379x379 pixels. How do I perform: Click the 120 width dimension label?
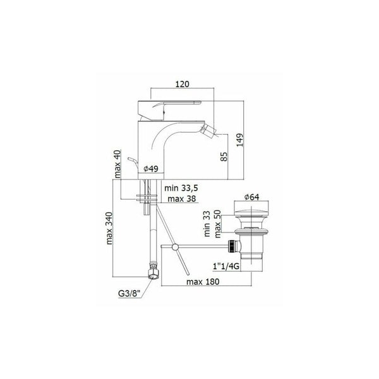coord(183,84)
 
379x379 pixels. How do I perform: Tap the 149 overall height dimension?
coord(240,140)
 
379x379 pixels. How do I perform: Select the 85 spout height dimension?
coord(224,157)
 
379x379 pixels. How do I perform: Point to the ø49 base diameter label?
coord(151,169)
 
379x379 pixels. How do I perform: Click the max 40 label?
coord(117,164)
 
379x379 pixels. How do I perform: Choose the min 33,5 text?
coord(181,188)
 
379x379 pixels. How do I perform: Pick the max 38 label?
coord(182,199)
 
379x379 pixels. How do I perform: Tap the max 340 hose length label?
coord(109,228)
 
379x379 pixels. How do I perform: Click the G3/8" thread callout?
coord(129,294)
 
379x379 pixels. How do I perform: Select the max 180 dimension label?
coord(203,282)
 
